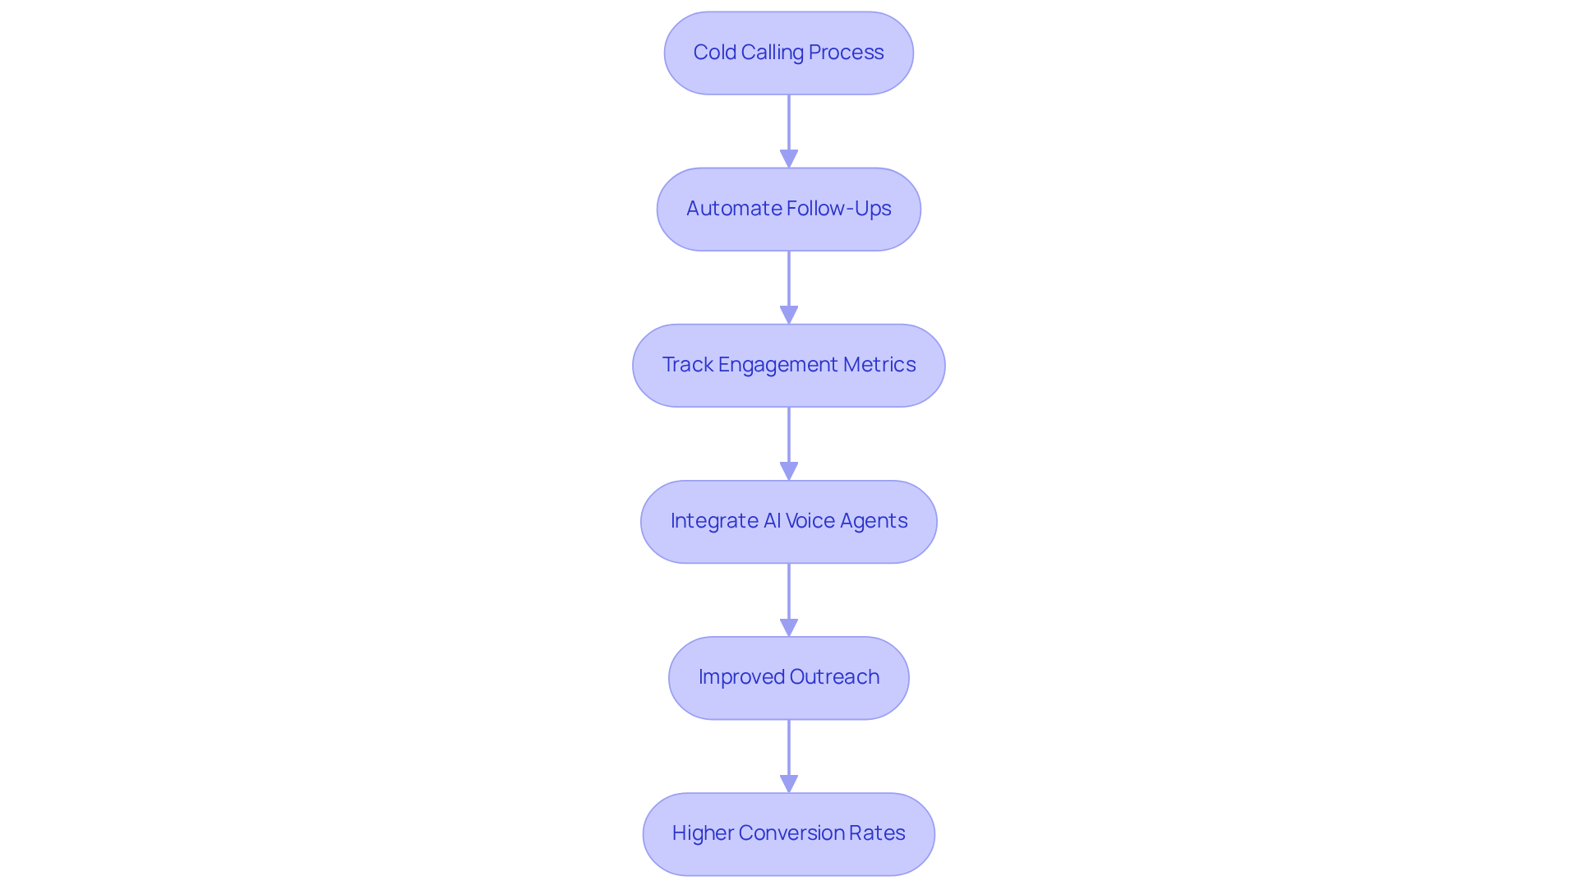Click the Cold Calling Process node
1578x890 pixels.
point(788,53)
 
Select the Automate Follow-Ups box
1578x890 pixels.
point(788,210)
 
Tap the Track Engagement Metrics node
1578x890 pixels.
point(788,366)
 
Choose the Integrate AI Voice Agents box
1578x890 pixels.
point(788,522)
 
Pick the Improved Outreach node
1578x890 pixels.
point(788,678)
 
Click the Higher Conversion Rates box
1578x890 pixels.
point(788,834)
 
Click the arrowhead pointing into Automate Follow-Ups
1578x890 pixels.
point(789,159)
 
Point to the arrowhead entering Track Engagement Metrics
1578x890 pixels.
point(789,315)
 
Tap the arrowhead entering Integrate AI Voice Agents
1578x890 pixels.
point(789,471)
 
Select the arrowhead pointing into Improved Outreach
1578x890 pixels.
point(789,627)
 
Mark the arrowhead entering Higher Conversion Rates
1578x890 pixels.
point(789,783)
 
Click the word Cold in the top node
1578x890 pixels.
point(714,53)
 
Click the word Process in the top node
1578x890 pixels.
point(846,53)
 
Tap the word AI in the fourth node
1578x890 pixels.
point(772,521)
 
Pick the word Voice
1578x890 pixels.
point(810,521)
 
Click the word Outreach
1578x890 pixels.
point(834,677)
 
